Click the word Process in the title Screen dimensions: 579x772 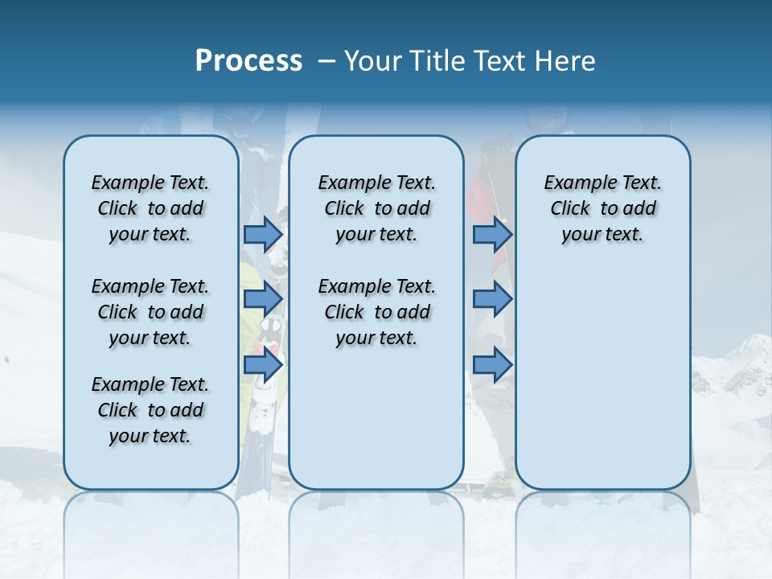pyautogui.click(x=248, y=61)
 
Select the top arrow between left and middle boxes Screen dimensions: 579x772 pyautogui.click(x=263, y=234)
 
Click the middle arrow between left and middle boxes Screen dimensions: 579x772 pyautogui.click(x=263, y=299)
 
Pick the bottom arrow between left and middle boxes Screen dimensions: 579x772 pyautogui.click(x=263, y=365)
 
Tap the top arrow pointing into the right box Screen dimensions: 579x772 pyautogui.click(x=492, y=234)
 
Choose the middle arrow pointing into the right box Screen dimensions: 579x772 pyautogui.click(x=492, y=299)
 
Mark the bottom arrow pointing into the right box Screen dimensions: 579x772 pyautogui.click(x=492, y=365)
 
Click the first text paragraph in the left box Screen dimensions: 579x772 pyautogui.click(x=150, y=208)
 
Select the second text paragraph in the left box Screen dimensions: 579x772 pyautogui.click(x=150, y=312)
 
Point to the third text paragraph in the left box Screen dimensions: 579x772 pyautogui.click(x=150, y=410)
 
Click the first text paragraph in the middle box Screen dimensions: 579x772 pyautogui.click(x=376, y=208)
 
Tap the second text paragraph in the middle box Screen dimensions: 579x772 pyautogui.click(x=376, y=312)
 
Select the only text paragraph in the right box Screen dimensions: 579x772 pyautogui.click(x=602, y=208)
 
